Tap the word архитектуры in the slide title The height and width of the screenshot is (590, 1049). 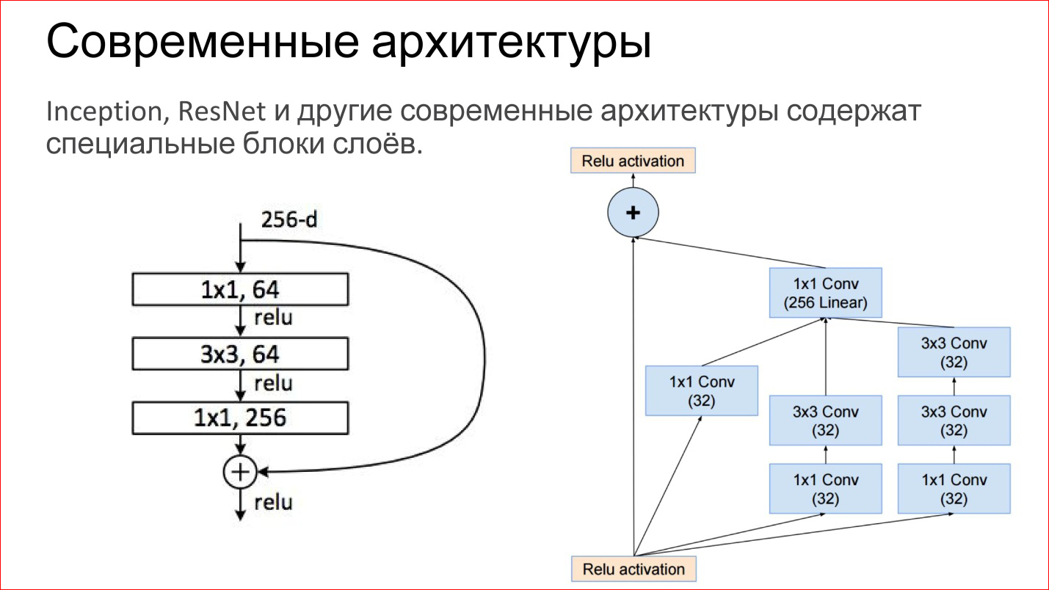click(x=512, y=43)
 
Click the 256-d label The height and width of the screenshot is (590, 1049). click(x=289, y=219)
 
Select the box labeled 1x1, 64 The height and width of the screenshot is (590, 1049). click(x=240, y=289)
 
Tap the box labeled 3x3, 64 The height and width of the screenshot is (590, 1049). click(x=240, y=354)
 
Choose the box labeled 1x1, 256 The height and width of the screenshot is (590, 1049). click(x=240, y=418)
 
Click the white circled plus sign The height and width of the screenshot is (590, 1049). click(x=240, y=472)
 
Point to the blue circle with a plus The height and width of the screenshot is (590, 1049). click(x=633, y=213)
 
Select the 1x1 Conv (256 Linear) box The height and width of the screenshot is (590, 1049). click(x=825, y=293)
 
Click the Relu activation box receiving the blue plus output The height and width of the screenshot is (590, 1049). click(x=633, y=161)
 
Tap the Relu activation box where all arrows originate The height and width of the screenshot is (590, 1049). click(x=633, y=569)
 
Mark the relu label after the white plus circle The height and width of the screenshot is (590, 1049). click(x=273, y=503)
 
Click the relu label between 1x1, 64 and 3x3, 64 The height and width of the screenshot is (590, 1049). click(x=273, y=318)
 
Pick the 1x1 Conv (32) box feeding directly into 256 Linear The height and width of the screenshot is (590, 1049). click(x=701, y=390)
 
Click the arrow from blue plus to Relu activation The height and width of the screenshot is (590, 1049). click(x=633, y=181)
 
